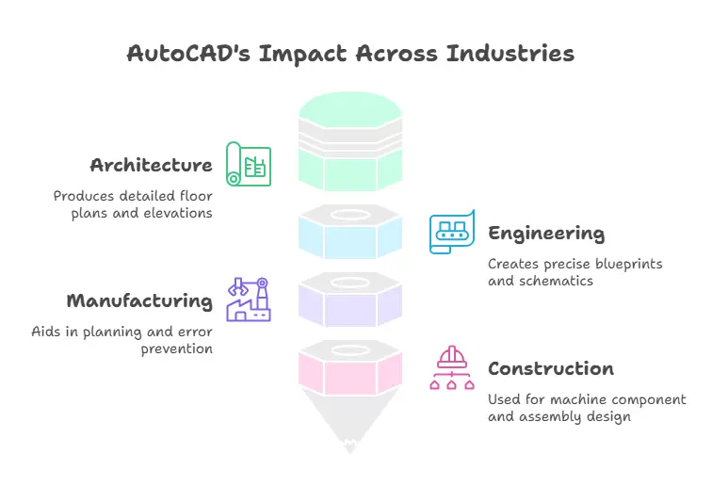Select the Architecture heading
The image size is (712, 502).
(151, 166)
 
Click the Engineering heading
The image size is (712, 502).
(546, 234)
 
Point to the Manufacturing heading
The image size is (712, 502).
(139, 301)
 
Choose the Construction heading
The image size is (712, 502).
(551, 368)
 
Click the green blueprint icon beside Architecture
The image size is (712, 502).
(248, 165)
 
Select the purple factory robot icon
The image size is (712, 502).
(248, 299)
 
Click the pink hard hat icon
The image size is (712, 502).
(452, 367)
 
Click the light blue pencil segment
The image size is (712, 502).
(350, 235)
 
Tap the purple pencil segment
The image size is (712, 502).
(350, 302)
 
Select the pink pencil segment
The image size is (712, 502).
(350, 370)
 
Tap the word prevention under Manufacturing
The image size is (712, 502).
(178, 348)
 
